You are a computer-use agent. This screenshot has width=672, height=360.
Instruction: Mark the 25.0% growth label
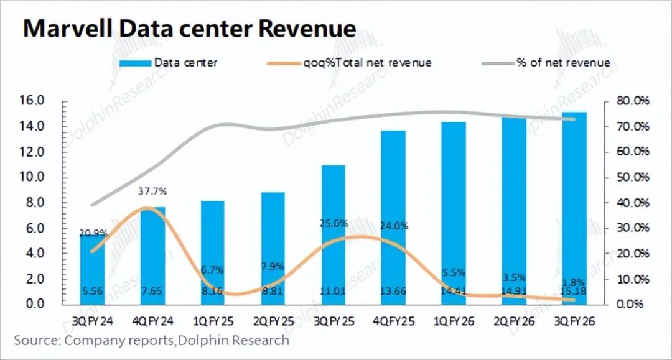pos(333,224)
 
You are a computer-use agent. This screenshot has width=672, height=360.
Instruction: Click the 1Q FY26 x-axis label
pos(453,323)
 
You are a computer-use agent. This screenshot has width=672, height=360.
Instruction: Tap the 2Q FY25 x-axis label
pos(273,323)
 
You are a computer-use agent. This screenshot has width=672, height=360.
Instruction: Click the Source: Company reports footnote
pos(152,341)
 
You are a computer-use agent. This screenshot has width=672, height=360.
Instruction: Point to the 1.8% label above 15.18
pos(574,281)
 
